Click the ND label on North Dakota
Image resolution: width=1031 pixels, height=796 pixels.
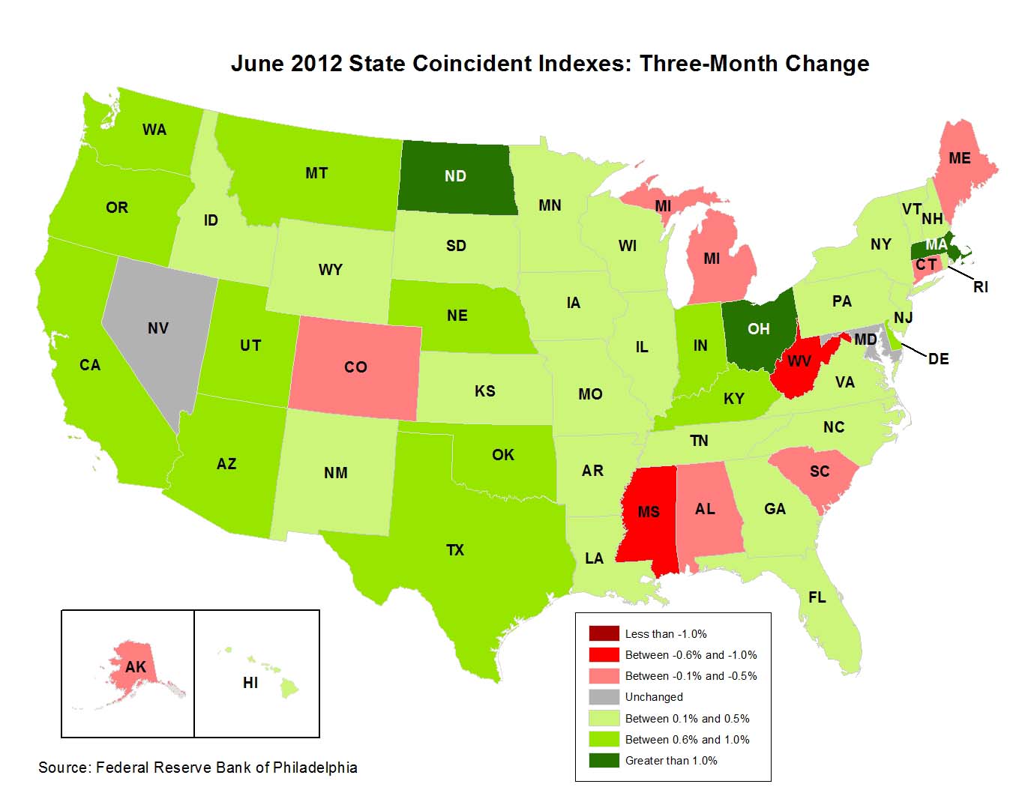455,176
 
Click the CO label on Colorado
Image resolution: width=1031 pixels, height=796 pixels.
355,367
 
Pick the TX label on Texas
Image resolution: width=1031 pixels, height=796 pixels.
455,550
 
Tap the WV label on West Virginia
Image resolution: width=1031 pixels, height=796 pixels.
799,362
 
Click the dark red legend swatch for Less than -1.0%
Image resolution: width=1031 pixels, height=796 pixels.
604,634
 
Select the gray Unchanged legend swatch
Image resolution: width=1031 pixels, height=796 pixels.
604,697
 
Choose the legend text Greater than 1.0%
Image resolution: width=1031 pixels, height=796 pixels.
671,761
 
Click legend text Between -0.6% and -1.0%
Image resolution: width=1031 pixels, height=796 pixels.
691,655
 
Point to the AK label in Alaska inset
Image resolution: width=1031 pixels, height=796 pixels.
136,667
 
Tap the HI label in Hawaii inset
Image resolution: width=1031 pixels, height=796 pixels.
250,683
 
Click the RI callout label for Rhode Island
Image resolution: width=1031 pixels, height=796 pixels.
981,287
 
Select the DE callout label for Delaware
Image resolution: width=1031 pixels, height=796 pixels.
938,359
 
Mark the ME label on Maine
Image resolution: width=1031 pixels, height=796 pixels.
959,158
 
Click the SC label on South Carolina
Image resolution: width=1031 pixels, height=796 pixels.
820,471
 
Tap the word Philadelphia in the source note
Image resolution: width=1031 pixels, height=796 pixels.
315,768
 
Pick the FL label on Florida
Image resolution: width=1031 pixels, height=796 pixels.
817,597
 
